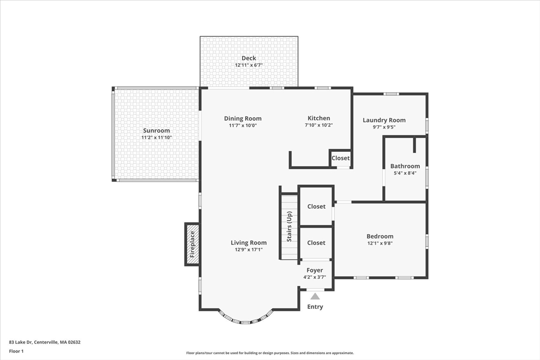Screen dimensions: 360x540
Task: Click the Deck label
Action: [x=248, y=58]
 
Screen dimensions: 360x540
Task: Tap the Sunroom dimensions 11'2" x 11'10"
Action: [x=156, y=138]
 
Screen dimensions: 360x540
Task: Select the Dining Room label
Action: [x=243, y=119]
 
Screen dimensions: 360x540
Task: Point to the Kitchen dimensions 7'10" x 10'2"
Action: [x=319, y=125]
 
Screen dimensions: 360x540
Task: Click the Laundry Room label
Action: [x=384, y=120]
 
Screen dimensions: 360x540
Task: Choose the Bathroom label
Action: [x=405, y=166]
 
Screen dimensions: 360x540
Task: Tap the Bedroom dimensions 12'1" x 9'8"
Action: [x=380, y=244]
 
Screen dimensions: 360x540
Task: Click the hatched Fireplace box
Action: [x=192, y=244]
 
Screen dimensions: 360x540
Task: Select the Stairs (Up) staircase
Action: [x=289, y=227]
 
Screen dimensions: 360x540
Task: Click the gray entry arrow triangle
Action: [x=315, y=296]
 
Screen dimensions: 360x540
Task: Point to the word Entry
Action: [x=315, y=307]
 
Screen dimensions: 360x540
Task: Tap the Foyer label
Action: [x=315, y=270]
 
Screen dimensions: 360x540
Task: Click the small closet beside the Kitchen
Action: [x=341, y=158]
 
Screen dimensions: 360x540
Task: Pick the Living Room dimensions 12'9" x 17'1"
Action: [x=248, y=249]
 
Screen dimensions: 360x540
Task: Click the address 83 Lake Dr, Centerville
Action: [x=45, y=342]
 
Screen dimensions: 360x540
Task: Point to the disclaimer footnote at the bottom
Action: [x=269, y=353]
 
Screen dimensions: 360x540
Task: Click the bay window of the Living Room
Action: [x=246, y=318]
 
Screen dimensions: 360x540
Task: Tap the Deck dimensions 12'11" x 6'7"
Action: [x=248, y=65]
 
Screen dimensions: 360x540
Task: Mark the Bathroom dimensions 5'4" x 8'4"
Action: [x=405, y=173]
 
